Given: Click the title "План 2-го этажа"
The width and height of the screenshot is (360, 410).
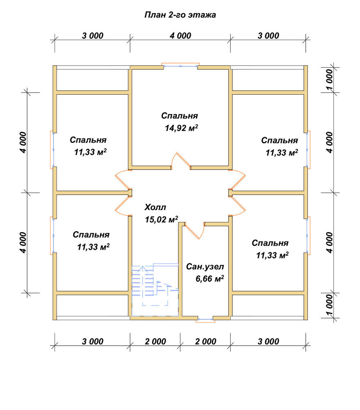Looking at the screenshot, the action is point(180,15).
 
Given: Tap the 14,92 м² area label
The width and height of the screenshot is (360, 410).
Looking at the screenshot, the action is point(181,128).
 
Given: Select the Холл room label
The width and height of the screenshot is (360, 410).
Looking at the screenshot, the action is point(155,207).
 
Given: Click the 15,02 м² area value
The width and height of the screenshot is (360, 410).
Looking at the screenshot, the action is point(162,219).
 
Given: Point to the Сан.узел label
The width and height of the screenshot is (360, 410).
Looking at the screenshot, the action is point(205,267).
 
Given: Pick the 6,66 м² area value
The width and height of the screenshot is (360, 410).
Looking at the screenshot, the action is point(210,279).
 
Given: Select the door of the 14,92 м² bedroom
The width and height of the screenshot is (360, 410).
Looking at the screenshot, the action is point(181,161).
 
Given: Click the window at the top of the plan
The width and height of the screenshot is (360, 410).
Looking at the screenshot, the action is point(180,66).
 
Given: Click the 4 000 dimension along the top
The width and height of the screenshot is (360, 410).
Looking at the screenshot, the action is point(180,36).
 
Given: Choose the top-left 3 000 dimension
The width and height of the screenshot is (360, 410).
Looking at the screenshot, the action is point(92,36).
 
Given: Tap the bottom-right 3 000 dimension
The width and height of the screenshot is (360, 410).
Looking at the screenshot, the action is point(268,342).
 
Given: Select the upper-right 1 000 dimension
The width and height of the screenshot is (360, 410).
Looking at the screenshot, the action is point(330,79).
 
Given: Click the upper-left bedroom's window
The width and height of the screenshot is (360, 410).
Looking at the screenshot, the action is point(52,150).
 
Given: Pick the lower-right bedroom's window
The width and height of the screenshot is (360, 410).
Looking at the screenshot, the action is point(308,236).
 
